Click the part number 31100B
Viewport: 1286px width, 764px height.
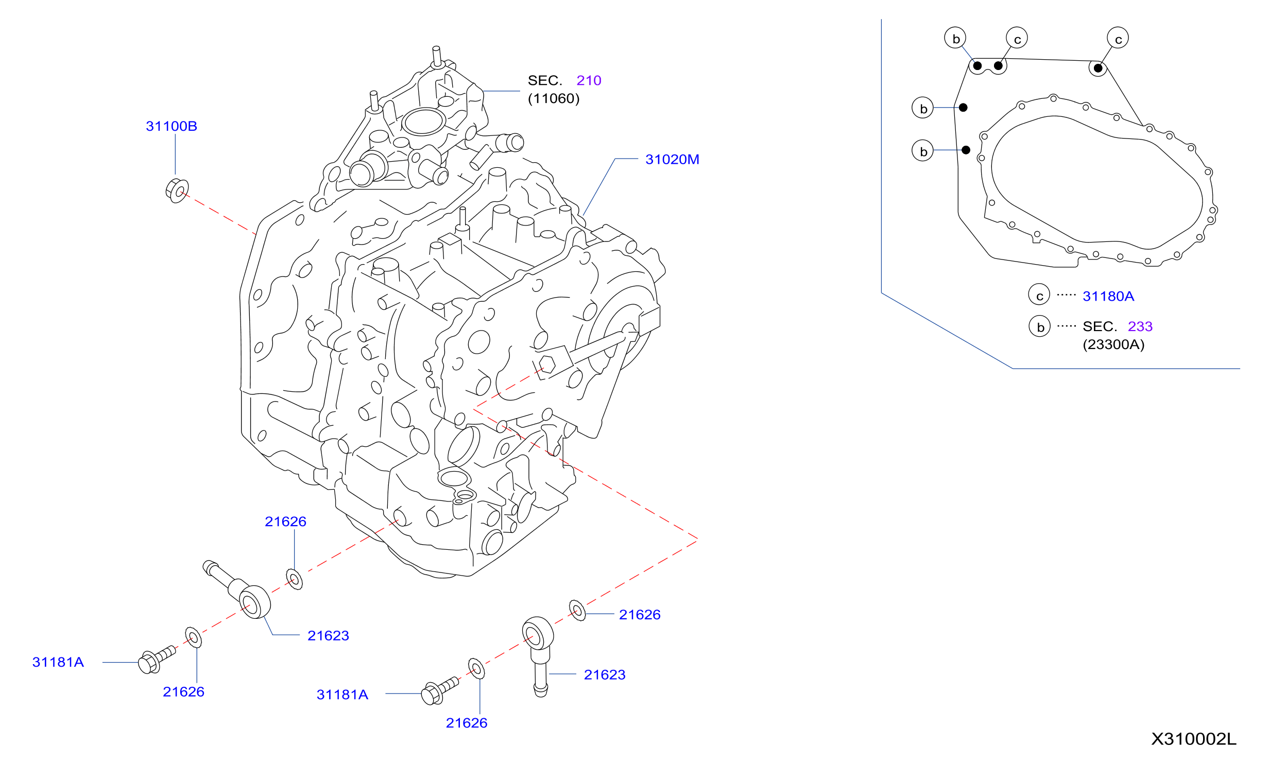172,126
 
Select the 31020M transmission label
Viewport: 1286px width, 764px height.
672,160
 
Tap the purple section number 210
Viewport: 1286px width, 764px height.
589,80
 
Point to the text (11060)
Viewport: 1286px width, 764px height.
554,98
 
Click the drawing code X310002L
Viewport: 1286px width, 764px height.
1193,739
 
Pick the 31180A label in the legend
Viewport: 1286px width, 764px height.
1108,296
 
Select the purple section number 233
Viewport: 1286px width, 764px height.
1140,326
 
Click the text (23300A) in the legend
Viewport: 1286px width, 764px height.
1113,344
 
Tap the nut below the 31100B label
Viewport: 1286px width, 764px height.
177,190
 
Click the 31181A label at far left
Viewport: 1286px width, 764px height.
58,662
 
